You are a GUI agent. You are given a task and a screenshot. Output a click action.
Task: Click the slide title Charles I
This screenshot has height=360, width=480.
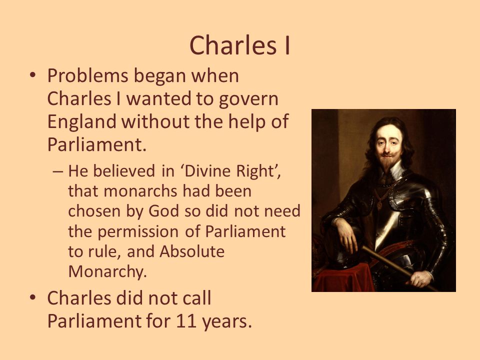coord(240,45)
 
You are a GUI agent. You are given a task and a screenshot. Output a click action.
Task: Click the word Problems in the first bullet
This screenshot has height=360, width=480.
coord(87,75)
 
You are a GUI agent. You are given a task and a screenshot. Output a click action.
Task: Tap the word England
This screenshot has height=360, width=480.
coord(81,121)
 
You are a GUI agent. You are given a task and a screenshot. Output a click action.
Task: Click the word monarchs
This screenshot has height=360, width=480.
coord(140,191)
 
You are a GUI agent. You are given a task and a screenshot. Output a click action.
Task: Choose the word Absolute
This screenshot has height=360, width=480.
coord(192,251)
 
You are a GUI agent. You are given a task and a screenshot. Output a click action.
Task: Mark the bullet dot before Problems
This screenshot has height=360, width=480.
coord(33,75)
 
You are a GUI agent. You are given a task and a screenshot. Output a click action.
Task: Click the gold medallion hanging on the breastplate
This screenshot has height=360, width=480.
coord(379,204)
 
